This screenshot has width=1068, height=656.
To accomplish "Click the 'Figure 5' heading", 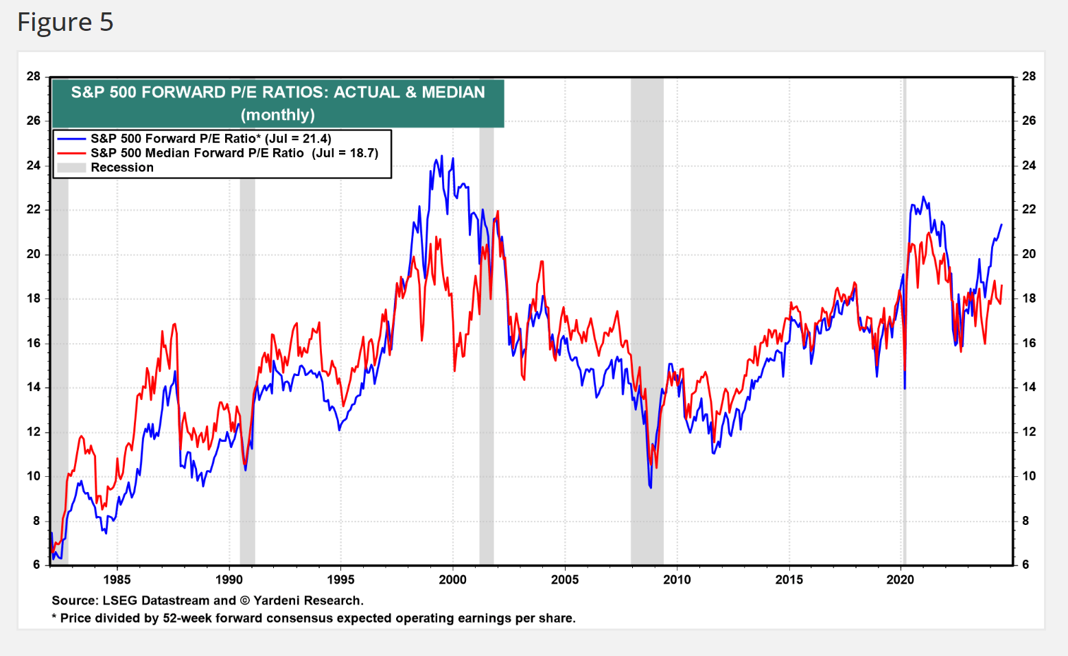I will click(x=65, y=23).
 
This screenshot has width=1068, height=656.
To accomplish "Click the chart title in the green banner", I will click(x=278, y=103).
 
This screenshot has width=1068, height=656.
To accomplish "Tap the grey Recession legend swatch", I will click(x=71, y=167).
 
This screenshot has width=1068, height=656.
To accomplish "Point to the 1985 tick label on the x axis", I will click(x=117, y=580).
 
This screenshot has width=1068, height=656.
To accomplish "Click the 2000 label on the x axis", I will click(x=452, y=580).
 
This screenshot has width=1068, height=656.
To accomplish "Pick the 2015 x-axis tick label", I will click(x=789, y=580).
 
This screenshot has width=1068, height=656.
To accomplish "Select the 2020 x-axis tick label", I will click(x=901, y=580).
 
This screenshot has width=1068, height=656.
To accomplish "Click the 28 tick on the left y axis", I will click(x=34, y=76).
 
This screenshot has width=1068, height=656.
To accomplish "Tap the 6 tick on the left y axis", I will click(x=36, y=565).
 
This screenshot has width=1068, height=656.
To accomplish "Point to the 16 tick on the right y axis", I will click(x=1029, y=343).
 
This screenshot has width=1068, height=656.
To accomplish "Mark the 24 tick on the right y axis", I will click(x=1029, y=165).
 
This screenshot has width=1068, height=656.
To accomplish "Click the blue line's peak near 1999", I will click(x=441, y=156).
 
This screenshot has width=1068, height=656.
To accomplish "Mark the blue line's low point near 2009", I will click(x=650, y=487).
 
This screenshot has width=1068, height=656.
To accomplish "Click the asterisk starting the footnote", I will click(x=54, y=618).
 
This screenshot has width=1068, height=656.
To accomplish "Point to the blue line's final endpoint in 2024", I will click(x=1001, y=224).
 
